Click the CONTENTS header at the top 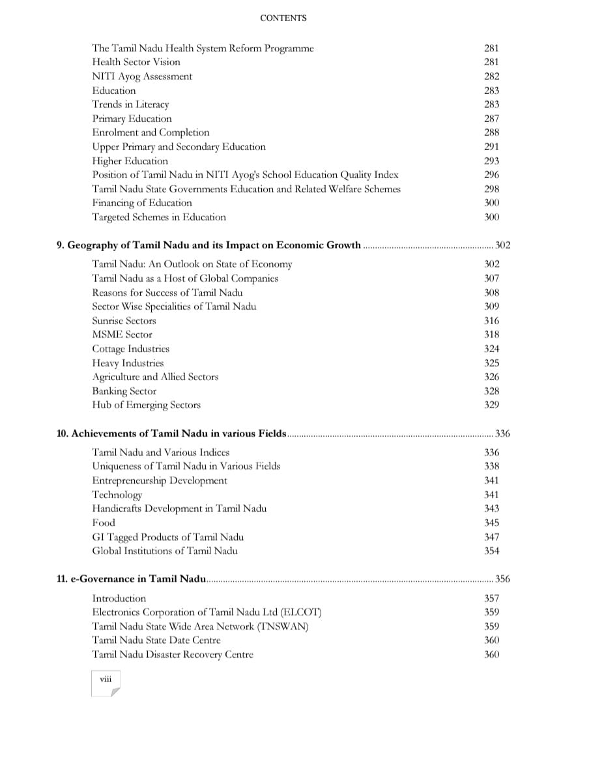click(283, 18)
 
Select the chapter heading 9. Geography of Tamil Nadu click(208, 245)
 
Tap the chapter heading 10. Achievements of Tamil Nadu click(172, 434)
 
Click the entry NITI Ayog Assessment click(142, 76)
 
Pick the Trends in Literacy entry click(130, 104)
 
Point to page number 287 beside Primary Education click(492, 119)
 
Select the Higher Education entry click(130, 161)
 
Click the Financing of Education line click(142, 203)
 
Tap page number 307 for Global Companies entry click(492, 278)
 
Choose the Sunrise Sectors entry click(124, 321)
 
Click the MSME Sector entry click(122, 334)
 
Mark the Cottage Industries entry click(130, 349)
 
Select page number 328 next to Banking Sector click(492, 391)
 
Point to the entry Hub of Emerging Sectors click(146, 405)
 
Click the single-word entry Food click(104, 523)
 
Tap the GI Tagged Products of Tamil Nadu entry click(168, 537)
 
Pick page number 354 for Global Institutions click(492, 551)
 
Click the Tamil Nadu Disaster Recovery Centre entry click(173, 655)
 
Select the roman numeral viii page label click(106, 679)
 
